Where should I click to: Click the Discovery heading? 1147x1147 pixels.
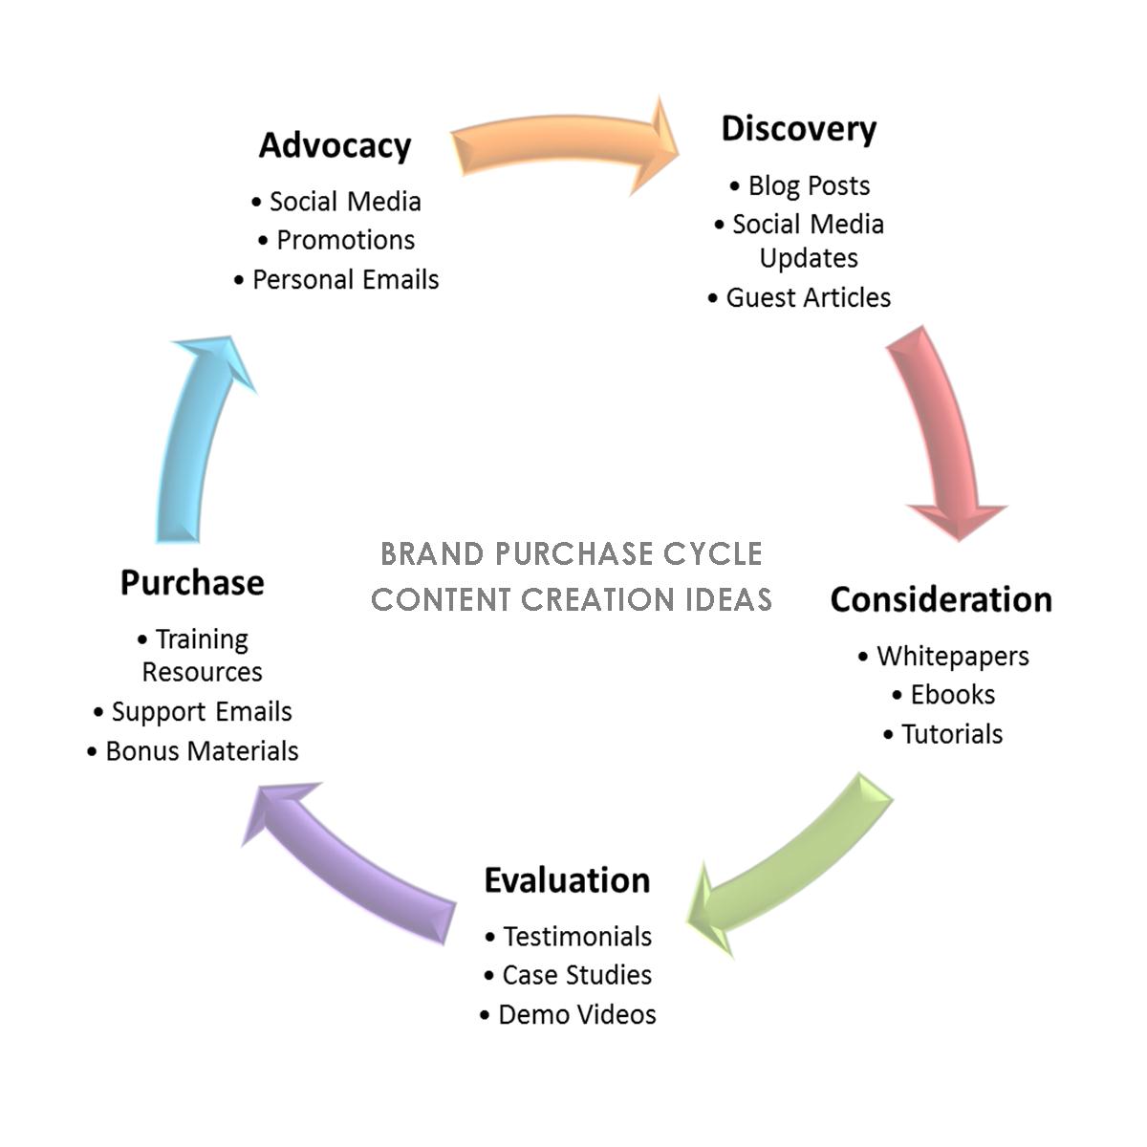tap(798, 128)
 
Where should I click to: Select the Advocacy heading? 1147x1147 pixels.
tap(335, 145)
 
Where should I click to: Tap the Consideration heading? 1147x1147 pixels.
tap(941, 599)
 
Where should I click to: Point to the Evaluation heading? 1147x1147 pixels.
tap(567, 879)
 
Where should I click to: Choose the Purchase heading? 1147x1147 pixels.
tap(192, 582)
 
